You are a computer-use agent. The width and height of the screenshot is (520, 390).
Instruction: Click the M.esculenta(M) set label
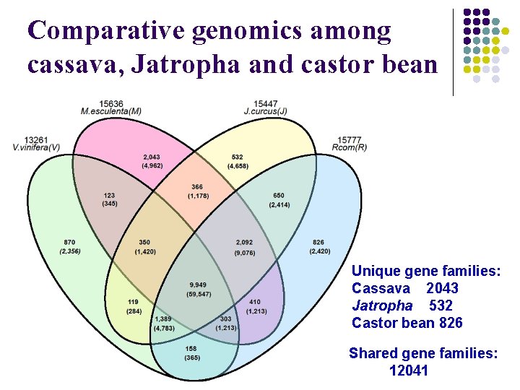110,111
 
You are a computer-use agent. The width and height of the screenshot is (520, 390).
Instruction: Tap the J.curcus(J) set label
266,111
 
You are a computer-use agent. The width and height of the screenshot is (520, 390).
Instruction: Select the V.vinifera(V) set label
36,147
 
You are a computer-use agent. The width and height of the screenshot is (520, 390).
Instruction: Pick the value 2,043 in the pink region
152,157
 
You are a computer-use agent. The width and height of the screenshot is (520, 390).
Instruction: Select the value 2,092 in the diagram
244,242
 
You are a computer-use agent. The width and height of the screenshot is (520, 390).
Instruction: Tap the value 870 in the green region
69,242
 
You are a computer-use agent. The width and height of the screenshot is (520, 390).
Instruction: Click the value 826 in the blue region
318,242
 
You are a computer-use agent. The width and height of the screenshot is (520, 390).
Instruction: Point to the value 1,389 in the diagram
162,319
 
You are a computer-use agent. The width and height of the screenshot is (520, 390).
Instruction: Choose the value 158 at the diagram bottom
191,349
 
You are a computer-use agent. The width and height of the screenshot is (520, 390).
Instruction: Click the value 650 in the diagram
279,196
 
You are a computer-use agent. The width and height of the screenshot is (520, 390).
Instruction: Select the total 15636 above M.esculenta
110,103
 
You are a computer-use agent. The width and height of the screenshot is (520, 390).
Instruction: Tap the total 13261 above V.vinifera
36,139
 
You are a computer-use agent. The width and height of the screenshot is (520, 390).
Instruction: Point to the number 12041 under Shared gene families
409,370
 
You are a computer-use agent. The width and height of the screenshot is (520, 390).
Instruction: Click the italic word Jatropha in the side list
382,305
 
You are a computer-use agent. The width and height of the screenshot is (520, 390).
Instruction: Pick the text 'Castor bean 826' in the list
407,323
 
